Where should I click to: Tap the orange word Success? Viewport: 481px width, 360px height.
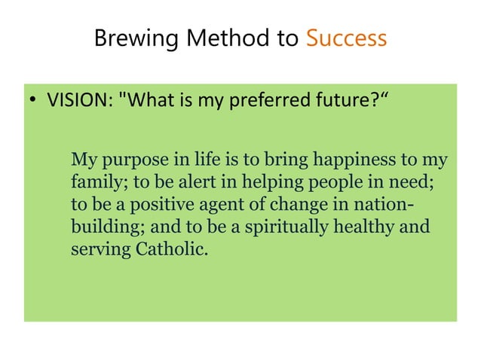[x=346, y=38]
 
